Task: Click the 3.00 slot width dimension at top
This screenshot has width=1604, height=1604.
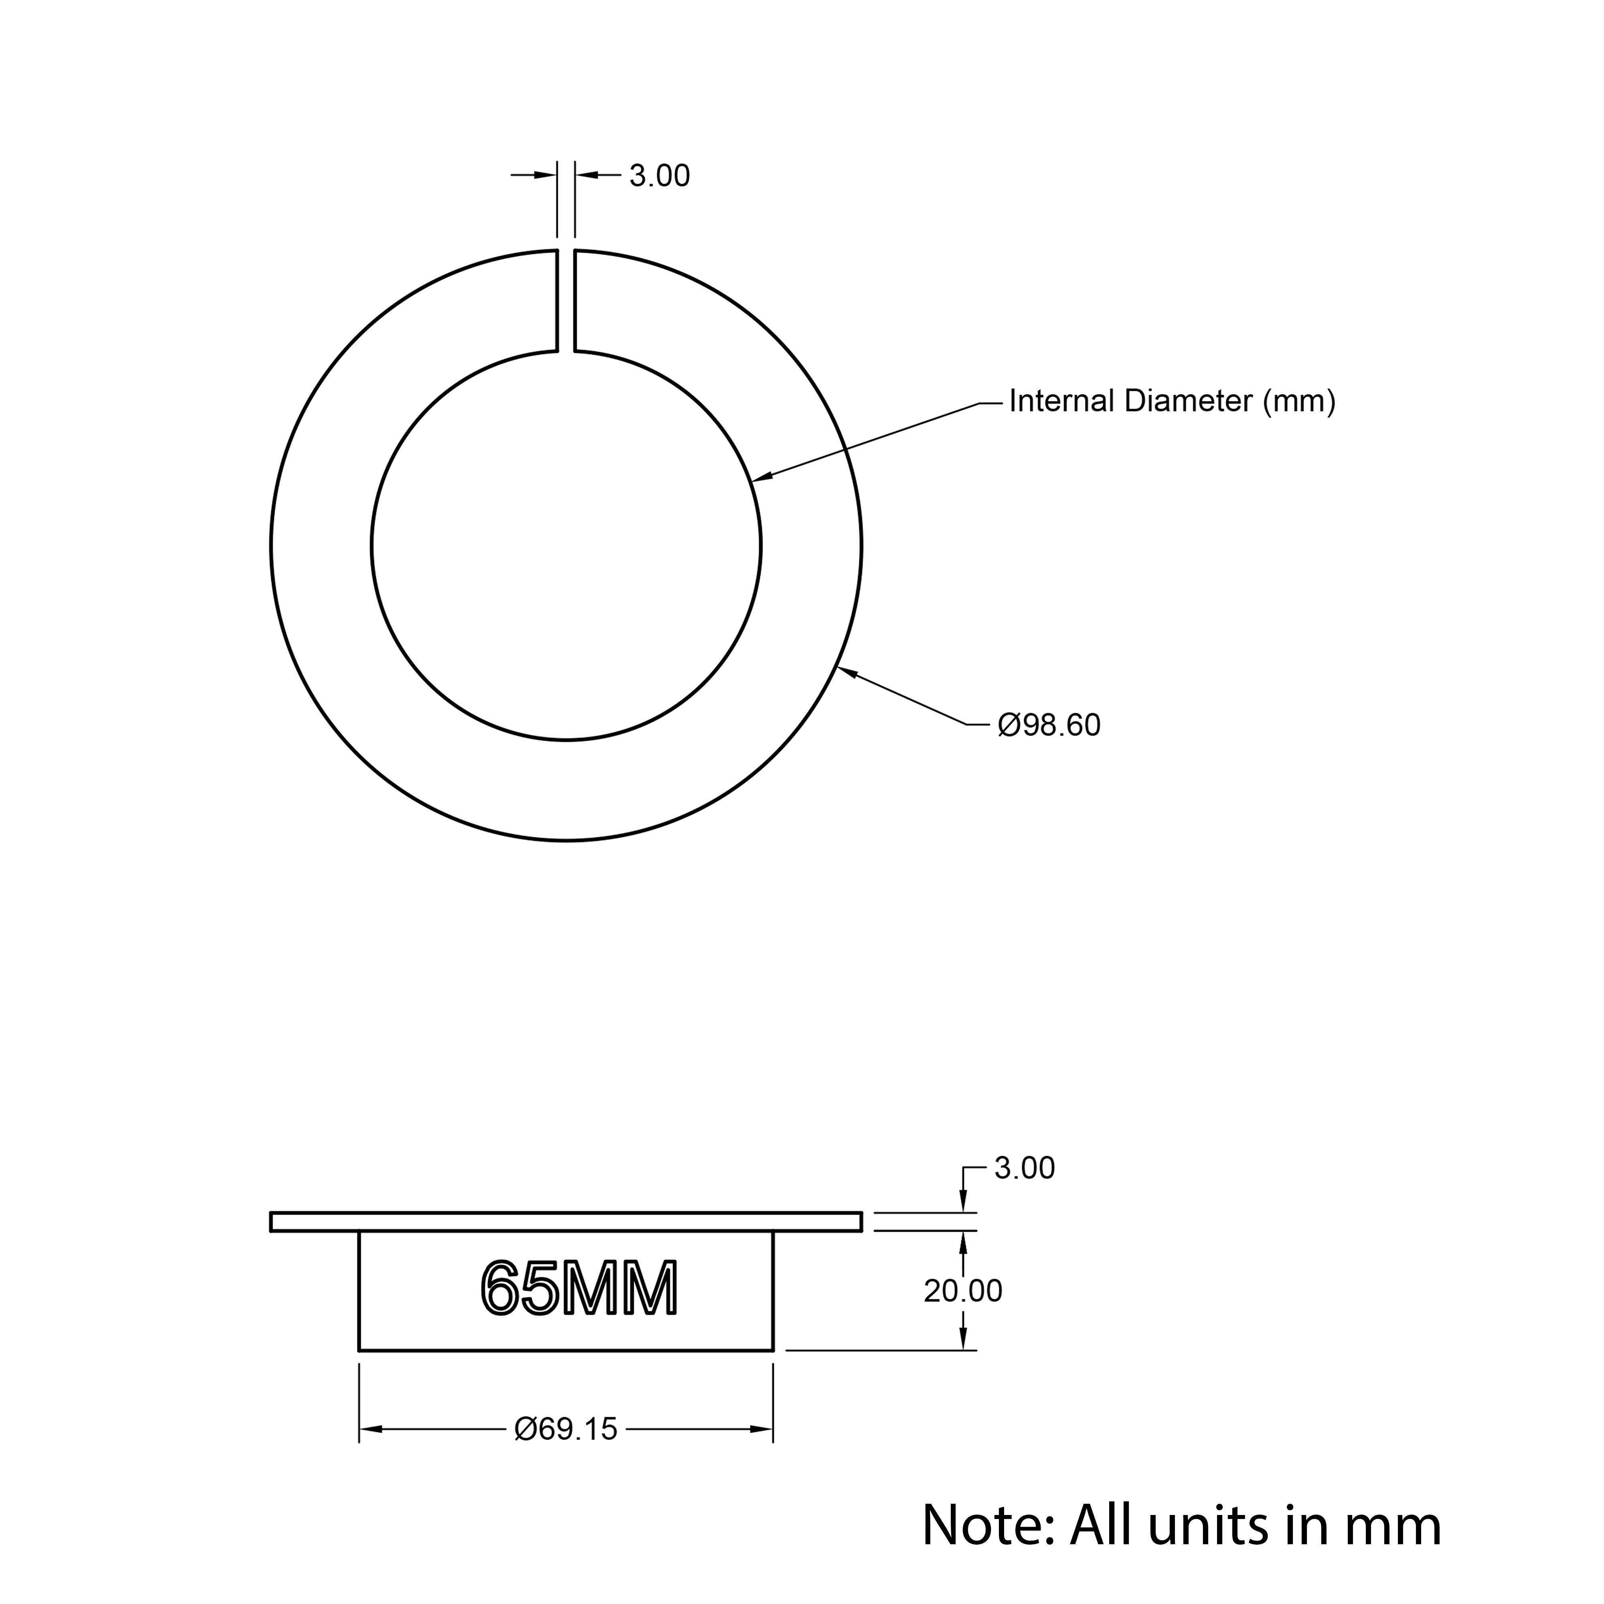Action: [659, 176]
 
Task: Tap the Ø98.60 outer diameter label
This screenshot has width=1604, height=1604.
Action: [1049, 726]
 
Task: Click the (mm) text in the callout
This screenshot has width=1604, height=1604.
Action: [1299, 402]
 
